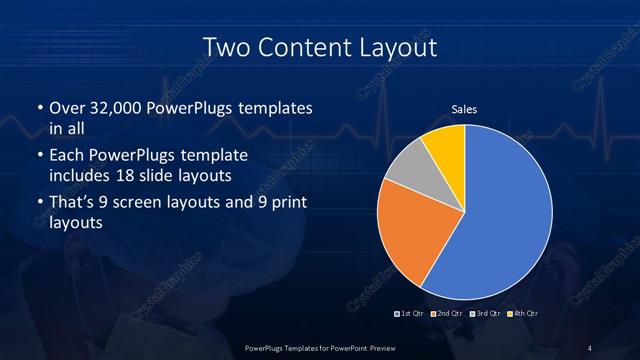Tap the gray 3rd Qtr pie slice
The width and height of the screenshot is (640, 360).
(407, 170)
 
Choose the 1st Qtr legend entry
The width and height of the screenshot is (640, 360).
(409, 314)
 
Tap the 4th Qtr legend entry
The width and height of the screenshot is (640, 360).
(519, 314)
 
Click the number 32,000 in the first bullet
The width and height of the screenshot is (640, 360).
(119, 108)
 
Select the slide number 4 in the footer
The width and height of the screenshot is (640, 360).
(591, 347)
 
